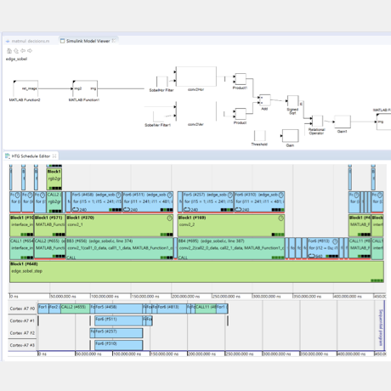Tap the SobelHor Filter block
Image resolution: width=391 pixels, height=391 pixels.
pos(161,78)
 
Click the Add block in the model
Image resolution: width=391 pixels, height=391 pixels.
pos(263,100)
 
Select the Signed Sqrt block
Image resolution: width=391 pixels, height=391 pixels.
pos(292,103)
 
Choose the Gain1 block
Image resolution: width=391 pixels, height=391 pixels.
pos(343,122)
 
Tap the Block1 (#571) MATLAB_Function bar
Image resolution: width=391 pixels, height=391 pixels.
pos(55,224)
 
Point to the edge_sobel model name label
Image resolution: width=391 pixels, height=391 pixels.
pos(17,59)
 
